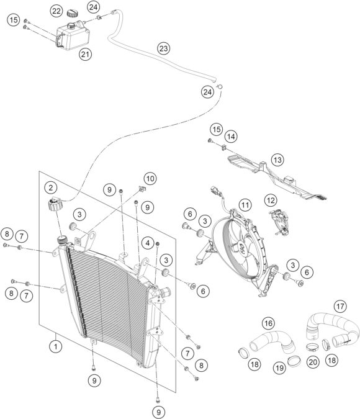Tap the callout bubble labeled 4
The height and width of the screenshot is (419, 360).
(148, 241)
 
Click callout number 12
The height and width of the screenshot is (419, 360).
(271, 200)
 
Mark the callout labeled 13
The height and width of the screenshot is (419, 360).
(277, 160)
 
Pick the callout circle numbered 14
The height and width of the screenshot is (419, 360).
(231, 137)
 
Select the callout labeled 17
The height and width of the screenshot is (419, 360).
(340, 305)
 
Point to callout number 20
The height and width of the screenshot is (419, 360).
(313, 362)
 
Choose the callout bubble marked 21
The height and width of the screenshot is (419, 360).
(85, 55)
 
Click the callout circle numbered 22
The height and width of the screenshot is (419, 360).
(56, 11)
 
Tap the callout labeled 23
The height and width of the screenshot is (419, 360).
(163, 48)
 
